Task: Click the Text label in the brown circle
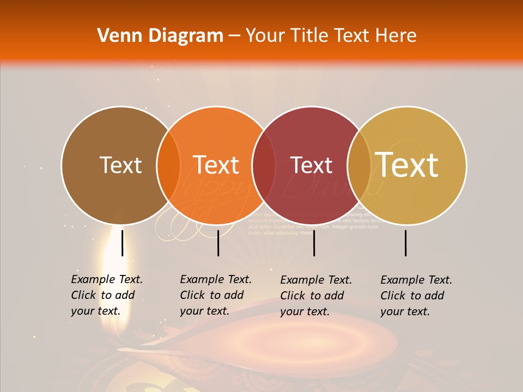120,165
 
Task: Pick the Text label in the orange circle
216,165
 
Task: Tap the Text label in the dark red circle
312,165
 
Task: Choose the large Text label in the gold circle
407,165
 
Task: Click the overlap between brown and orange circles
168,166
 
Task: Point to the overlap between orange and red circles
264,166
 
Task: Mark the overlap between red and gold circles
359,166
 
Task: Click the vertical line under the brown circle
122,243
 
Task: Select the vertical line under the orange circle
218,243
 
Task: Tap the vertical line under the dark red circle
314,243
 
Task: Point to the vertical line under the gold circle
406,243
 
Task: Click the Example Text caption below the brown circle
106,295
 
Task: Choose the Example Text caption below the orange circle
215,295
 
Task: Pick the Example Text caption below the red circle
315,295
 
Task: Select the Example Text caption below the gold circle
416,295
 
